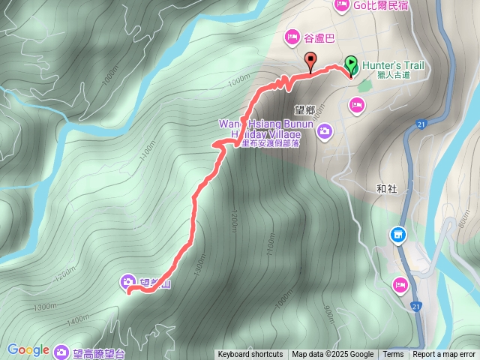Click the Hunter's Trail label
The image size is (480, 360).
click(393, 66)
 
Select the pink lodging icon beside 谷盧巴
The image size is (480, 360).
click(292, 37)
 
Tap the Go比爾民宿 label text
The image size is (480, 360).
click(382, 5)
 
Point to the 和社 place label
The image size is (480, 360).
click(387, 189)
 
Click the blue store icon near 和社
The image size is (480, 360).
click(397, 235)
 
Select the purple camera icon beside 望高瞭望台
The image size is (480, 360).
click(62, 349)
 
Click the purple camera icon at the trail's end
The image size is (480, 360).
click(127, 283)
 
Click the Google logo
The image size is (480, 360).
click(28, 349)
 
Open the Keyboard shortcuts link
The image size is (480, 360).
click(250, 355)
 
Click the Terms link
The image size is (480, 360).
click(393, 355)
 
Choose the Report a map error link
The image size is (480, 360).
click(444, 355)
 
